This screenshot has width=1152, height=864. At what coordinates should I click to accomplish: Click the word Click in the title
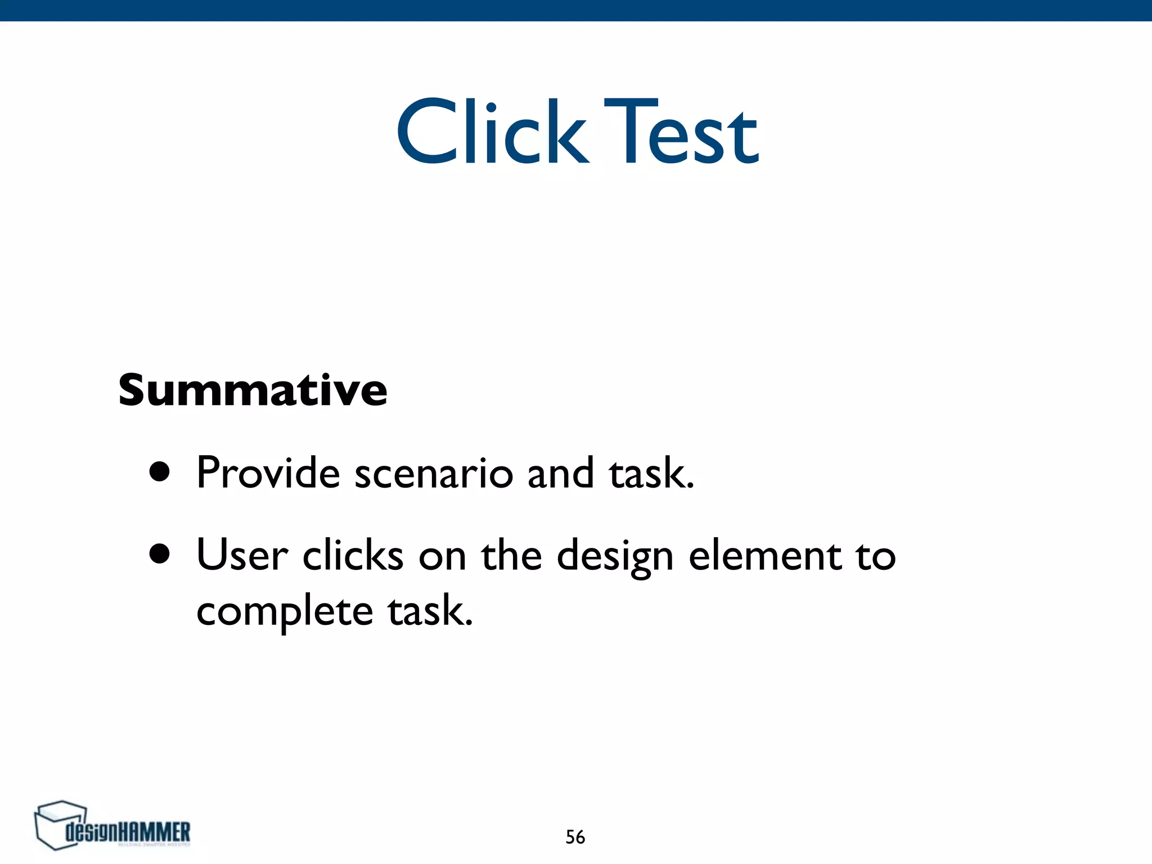[493, 133]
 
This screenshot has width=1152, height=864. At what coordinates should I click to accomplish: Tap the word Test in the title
[681, 133]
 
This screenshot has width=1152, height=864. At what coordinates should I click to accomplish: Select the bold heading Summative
[253, 390]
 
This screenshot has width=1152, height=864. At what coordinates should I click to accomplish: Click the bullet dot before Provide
[160, 472]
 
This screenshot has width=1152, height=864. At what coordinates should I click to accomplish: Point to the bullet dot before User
[160, 553]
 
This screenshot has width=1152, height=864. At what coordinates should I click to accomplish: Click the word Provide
[268, 472]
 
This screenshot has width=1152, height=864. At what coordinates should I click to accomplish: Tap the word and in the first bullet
[560, 472]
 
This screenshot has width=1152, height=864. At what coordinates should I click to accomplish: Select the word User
[242, 555]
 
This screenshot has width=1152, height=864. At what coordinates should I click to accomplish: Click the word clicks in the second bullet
[353, 555]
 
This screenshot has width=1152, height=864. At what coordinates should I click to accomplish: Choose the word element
[765, 555]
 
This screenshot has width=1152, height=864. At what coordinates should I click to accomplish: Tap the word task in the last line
[430, 611]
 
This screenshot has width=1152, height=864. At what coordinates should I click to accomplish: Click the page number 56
[575, 837]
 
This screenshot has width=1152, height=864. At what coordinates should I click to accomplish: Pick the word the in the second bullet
[511, 555]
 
